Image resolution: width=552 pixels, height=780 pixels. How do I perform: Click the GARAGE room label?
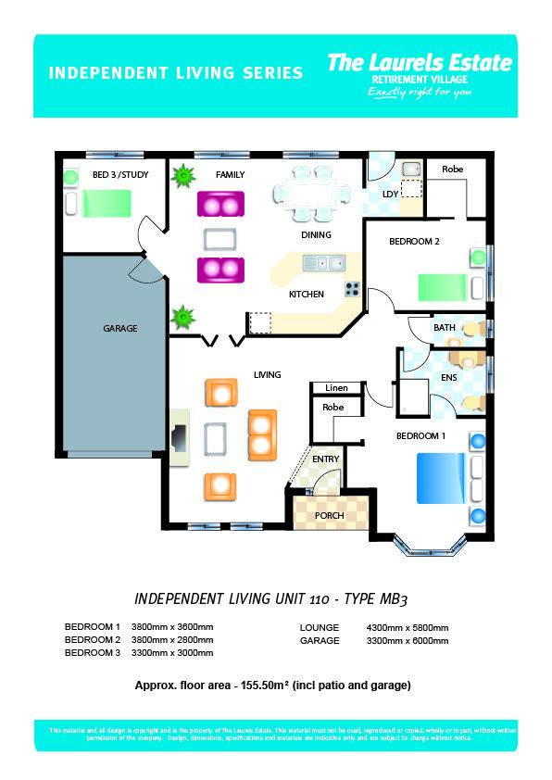(120, 329)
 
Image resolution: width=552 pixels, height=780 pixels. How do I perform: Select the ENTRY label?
(325, 459)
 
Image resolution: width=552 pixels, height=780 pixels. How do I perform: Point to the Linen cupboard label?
(333, 387)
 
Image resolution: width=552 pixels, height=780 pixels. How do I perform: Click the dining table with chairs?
(312, 194)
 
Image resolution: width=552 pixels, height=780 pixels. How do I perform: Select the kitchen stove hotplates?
(352, 288)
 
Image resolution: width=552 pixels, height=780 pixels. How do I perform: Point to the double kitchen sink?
(324, 264)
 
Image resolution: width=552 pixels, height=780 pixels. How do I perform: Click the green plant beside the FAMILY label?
(183, 174)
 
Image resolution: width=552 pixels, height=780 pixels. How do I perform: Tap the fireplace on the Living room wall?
(179, 435)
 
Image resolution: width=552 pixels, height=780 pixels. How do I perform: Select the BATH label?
(445, 328)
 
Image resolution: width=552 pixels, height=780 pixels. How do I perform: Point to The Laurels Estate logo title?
(420, 62)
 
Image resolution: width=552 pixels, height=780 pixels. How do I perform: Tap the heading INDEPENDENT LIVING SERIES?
(175, 72)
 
